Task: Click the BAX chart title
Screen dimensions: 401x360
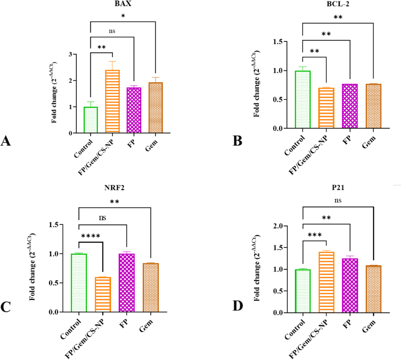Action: click(x=123, y=4)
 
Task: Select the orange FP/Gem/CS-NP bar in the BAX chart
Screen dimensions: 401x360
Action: click(x=112, y=101)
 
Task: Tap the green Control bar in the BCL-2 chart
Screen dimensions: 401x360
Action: click(x=303, y=99)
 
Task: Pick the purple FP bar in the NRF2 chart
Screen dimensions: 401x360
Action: click(x=126, y=283)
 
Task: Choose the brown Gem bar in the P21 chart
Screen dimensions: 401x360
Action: click(x=373, y=289)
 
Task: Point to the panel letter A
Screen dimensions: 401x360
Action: click(x=5, y=141)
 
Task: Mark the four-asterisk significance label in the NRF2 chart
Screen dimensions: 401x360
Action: click(x=90, y=236)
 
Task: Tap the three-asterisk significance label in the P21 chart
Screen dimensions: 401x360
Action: click(x=314, y=235)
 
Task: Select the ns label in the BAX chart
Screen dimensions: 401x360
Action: click(x=112, y=31)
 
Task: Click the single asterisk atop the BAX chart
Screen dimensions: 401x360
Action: click(x=123, y=16)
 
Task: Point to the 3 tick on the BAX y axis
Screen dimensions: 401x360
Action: click(x=70, y=54)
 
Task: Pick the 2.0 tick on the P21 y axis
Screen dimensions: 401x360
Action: click(x=278, y=226)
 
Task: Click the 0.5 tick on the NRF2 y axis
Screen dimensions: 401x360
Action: click(x=54, y=283)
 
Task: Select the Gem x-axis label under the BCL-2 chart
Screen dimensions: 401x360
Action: click(x=369, y=142)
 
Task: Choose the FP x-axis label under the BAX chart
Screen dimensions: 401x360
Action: click(x=132, y=143)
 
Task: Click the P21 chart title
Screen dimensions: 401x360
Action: click(x=338, y=188)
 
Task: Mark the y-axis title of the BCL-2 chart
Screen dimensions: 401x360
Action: click(x=256, y=84)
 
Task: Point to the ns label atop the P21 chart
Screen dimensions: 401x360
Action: click(x=338, y=200)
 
